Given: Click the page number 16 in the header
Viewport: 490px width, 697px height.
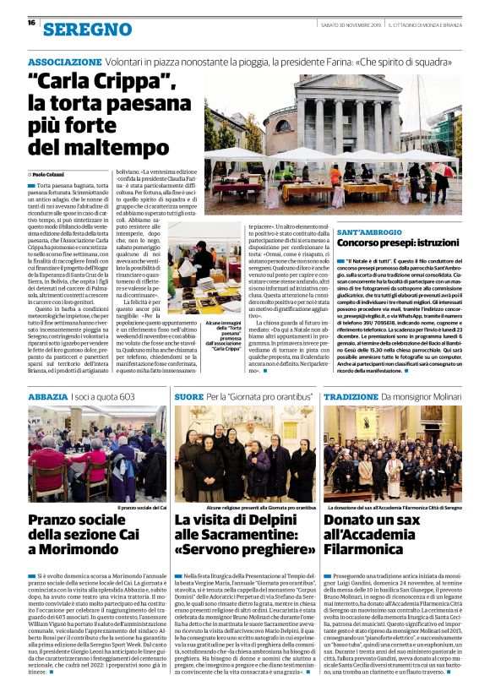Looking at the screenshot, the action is coord(30,24).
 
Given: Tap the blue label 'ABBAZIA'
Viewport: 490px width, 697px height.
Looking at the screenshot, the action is coord(47,396).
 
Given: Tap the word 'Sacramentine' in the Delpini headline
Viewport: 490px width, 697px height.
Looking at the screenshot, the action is coord(221,533).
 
